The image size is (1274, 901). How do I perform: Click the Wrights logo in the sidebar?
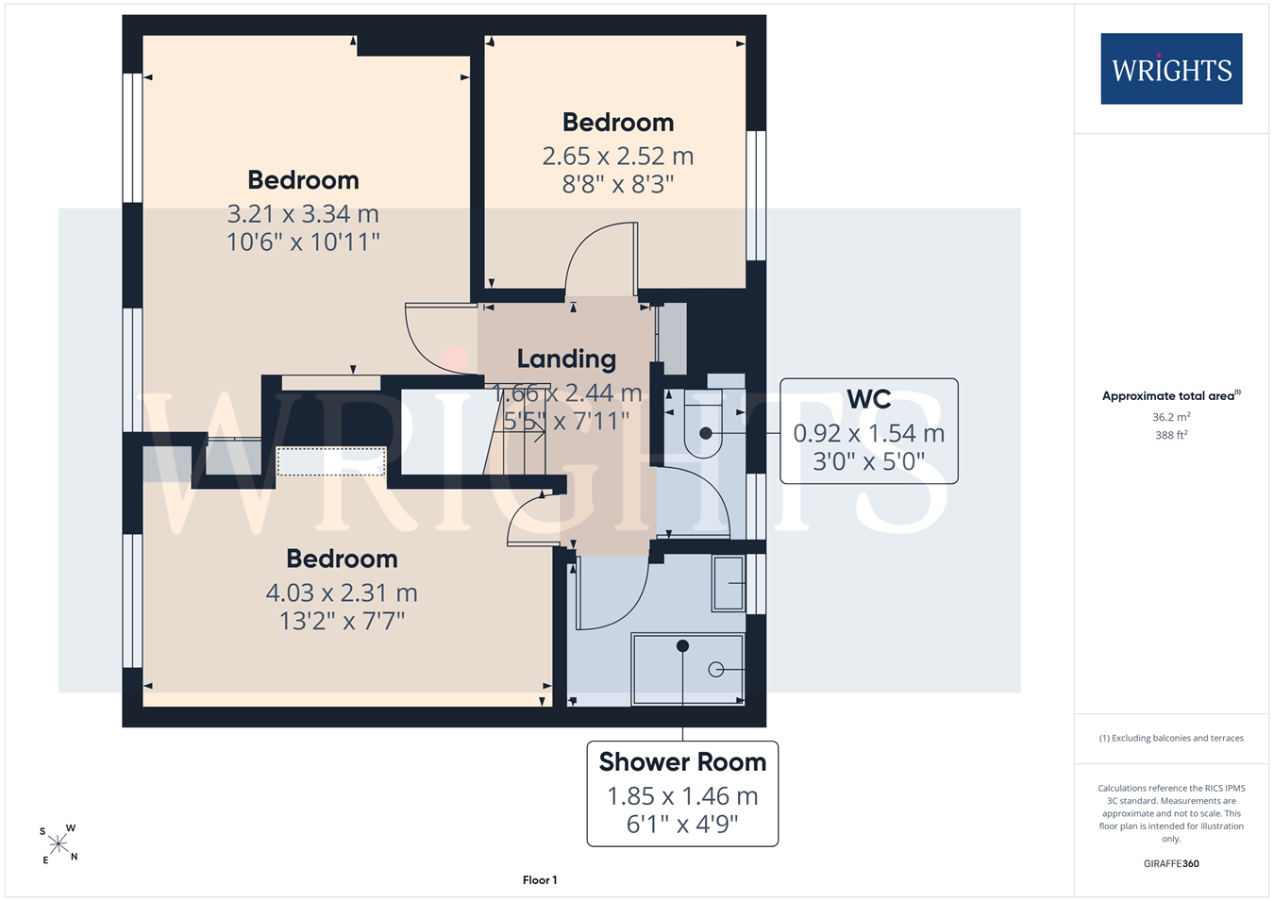[x=1171, y=68]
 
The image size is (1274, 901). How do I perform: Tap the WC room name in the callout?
[x=868, y=399]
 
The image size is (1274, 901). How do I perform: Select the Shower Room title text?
[x=682, y=761]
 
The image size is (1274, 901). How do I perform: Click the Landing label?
[x=566, y=359]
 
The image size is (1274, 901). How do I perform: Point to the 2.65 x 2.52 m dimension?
[x=618, y=157]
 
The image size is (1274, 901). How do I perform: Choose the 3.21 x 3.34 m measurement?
[x=303, y=214]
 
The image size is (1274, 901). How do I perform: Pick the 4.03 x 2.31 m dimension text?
[x=342, y=592]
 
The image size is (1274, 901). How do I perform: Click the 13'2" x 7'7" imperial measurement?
[x=342, y=622]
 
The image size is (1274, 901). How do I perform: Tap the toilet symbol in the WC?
[x=704, y=424]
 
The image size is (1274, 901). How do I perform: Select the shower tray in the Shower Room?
[x=688, y=669]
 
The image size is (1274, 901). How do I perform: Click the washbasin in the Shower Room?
[x=729, y=583]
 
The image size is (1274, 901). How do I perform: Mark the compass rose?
[x=59, y=844]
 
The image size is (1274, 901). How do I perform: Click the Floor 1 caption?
[x=540, y=880]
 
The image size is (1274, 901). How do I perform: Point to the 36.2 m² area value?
[x=1171, y=417]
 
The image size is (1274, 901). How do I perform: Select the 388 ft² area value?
[x=1171, y=435]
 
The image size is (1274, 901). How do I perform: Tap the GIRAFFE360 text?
[x=1171, y=863]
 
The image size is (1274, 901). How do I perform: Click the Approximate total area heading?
[x=1171, y=395]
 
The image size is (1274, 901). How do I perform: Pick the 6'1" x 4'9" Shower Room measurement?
[x=682, y=825]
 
